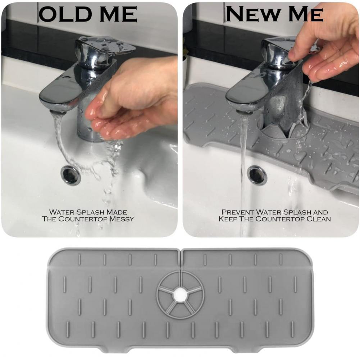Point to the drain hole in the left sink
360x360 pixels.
click(x=70, y=175)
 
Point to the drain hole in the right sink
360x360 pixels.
click(x=258, y=175)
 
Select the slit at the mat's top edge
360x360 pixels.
click(x=181, y=256)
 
